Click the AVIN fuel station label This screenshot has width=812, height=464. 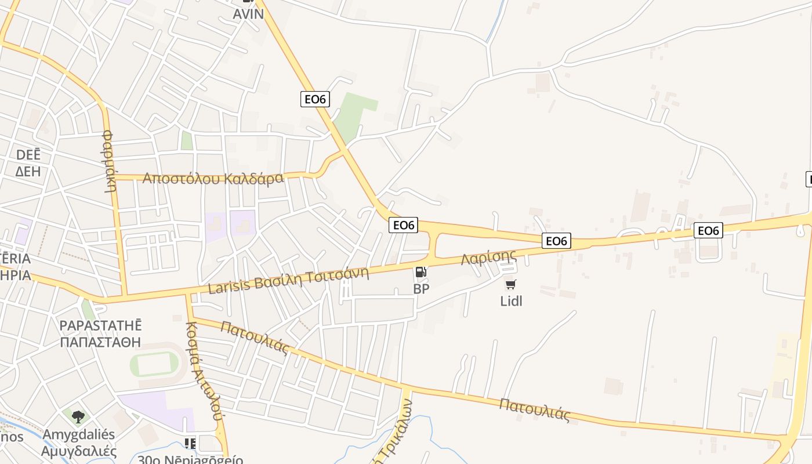(248, 13)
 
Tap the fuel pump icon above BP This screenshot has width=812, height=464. (421, 271)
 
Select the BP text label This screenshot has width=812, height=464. (421, 288)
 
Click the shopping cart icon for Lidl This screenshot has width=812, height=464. (510, 284)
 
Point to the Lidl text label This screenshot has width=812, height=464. (511, 301)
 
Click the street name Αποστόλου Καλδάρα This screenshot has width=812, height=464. (213, 177)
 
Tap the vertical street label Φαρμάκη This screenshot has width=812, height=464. (110, 161)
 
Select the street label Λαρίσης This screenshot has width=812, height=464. (488, 257)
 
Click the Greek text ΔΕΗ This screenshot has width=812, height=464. (27, 171)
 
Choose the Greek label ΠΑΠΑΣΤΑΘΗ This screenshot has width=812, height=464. (100, 342)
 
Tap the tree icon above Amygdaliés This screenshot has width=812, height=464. (78, 416)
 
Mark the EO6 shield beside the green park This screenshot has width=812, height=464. (315, 99)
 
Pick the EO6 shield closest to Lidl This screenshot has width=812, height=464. (556, 241)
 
